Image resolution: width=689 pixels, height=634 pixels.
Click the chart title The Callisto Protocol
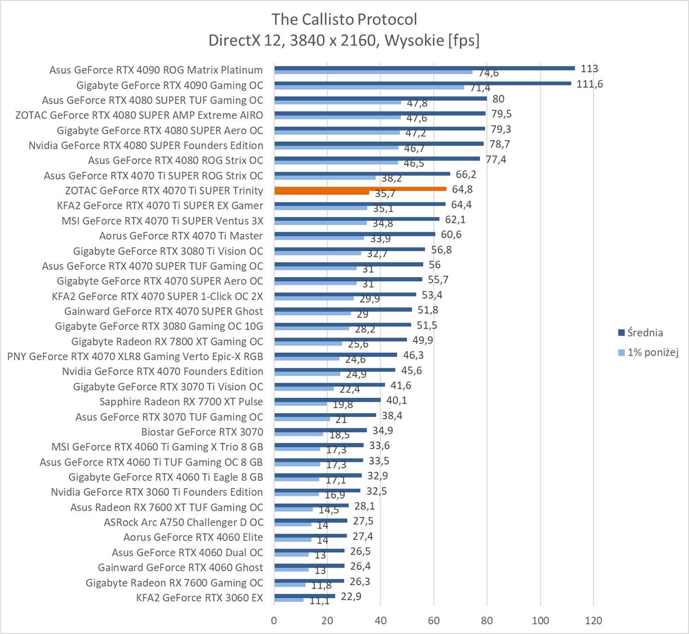pos(344,19)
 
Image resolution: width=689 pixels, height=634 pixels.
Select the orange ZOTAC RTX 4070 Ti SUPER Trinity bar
pos(361,189)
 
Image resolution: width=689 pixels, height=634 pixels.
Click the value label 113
pos(589,69)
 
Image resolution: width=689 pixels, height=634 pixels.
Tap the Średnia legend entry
pos(646,332)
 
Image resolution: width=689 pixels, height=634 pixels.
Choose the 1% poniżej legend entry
pos(652,352)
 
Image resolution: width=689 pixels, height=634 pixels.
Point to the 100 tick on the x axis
pos(540,620)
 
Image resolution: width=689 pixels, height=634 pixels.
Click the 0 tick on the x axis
pos(274,620)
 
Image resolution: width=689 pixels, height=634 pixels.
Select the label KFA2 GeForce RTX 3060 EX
pos(199,597)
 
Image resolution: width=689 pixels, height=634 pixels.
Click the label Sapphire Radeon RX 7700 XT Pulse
pos(181,402)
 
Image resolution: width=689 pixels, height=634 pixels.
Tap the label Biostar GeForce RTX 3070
pos(202,432)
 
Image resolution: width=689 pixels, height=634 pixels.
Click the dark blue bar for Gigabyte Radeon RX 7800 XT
pos(340,340)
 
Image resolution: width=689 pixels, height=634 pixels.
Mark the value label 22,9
pos(350,596)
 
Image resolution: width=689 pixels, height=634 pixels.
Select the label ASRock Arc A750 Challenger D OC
pos(183,522)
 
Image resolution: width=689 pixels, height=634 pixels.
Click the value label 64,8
pos(462,189)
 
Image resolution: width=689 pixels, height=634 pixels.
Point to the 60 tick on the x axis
pos(434,620)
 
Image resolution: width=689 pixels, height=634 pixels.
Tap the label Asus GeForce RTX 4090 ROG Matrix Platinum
pos(156,70)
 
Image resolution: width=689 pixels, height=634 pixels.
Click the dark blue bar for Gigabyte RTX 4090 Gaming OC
pos(423,83)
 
